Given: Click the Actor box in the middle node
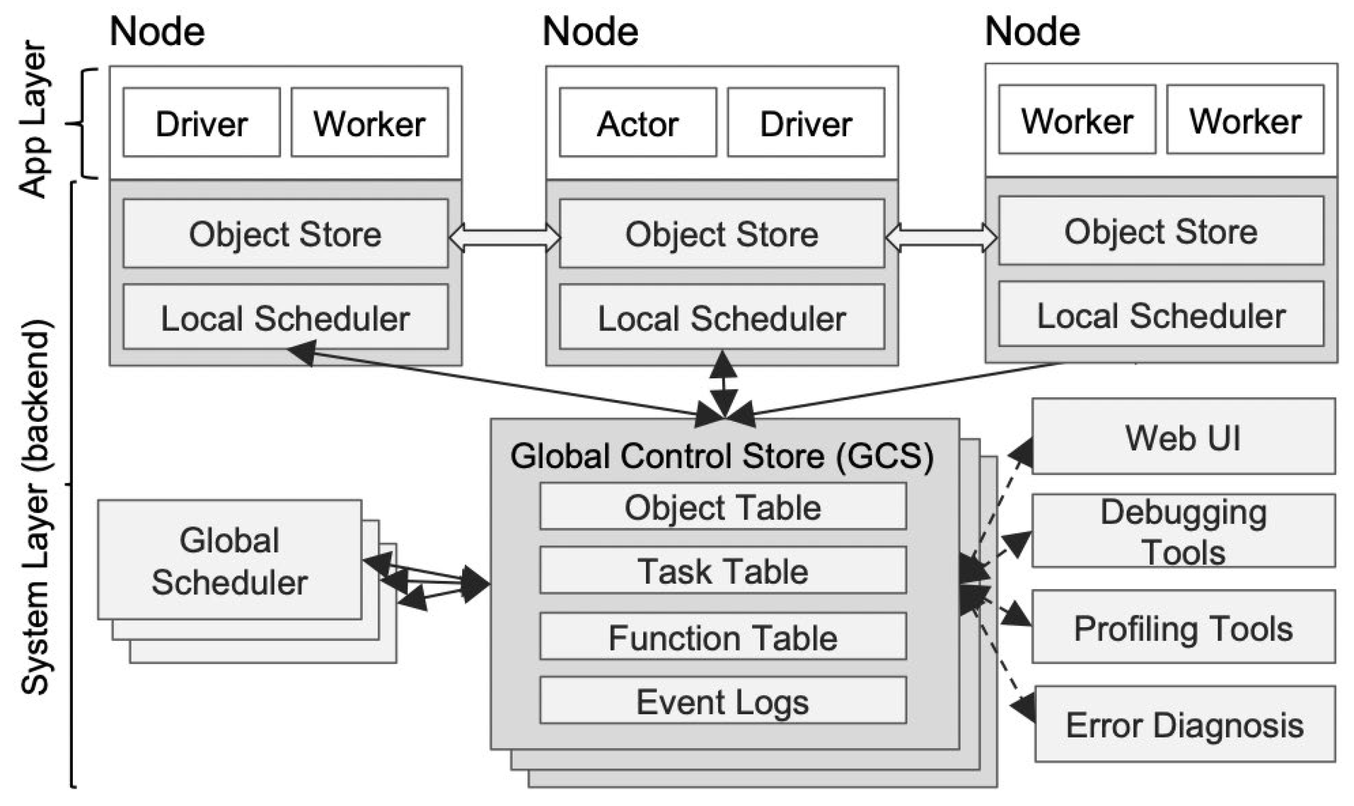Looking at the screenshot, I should coord(637,123).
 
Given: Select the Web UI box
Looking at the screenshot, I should coord(1183,437).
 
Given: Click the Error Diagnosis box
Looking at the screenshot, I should coord(1185,724).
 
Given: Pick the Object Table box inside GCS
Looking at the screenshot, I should coord(723,507).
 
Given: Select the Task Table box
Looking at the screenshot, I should coord(723,571).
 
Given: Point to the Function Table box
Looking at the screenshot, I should coord(723,637).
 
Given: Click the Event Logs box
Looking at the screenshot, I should coord(723,701).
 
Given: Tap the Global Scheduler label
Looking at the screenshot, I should coord(229,560).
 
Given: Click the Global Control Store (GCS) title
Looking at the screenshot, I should coord(722,456).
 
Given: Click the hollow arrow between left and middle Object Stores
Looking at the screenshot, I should coord(504,238).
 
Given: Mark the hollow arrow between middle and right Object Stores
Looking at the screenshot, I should coord(941,238).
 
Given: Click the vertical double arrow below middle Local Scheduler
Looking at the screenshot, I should coord(723,383).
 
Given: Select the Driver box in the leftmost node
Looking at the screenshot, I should coord(202,123).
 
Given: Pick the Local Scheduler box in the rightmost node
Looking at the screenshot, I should coord(1161,315).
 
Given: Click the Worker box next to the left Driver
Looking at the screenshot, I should coord(370,123).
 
